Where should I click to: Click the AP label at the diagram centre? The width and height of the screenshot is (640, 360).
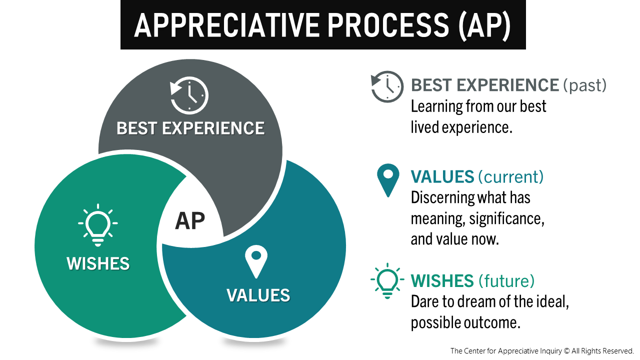click(190, 221)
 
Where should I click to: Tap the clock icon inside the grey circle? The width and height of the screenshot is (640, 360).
click(189, 95)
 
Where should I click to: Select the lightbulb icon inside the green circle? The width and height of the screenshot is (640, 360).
click(98, 225)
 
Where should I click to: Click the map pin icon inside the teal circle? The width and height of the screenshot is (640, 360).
click(256, 261)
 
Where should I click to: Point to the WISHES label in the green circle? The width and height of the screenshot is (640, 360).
click(98, 263)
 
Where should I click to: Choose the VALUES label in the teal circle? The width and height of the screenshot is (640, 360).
click(258, 295)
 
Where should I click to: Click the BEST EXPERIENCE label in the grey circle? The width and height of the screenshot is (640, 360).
click(190, 128)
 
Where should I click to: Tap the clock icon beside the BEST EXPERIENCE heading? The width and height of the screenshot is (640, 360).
click(387, 86)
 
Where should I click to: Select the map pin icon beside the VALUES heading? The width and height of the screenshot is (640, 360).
click(388, 180)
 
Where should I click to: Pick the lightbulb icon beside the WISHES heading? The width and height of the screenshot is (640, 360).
click(387, 280)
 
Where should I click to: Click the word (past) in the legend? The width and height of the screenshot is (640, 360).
click(585, 85)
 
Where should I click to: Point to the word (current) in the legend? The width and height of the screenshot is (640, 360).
click(511, 176)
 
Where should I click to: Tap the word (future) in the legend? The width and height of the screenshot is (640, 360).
click(506, 280)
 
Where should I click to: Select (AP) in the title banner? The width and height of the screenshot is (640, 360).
click(485, 25)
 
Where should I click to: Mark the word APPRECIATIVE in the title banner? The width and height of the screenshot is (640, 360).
click(227, 25)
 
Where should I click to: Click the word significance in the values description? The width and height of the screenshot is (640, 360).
click(507, 219)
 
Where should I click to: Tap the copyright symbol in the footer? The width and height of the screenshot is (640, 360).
click(566, 351)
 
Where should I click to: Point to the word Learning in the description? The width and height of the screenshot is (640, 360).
click(436, 107)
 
